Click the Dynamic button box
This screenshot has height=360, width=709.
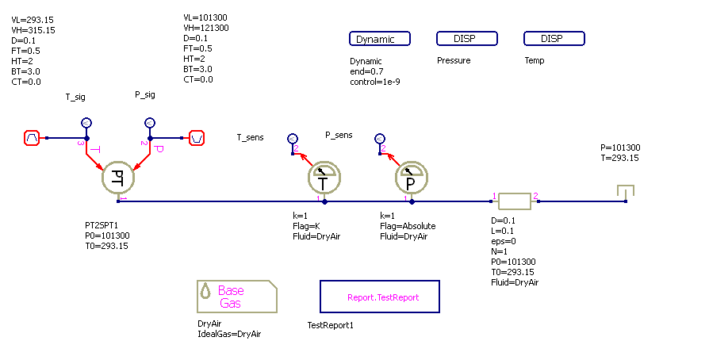pyautogui.click(x=380, y=39)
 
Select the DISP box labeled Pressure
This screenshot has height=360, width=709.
pyautogui.click(x=467, y=39)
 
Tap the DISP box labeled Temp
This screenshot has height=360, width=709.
pyautogui.click(x=554, y=39)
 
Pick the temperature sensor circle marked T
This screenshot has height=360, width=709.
pyautogui.click(x=324, y=182)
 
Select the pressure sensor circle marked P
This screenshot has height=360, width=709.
pyautogui.click(x=411, y=182)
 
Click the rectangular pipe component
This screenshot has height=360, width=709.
pyautogui.click(x=514, y=201)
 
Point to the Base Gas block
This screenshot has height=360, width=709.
pyautogui.click(x=237, y=297)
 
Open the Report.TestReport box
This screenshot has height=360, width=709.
pyautogui.click(x=379, y=297)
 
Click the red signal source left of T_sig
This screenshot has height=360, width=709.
pyautogui.click(x=32, y=138)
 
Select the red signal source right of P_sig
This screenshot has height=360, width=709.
pyautogui.click(x=196, y=138)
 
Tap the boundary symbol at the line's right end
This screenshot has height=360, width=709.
pyautogui.click(x=626, y=192)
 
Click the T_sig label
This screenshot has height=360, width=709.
pyautogui.click(x=76, y=98)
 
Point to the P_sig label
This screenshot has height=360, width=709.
pyautogui.click(x=146, y=95)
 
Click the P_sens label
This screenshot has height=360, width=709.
pyautogui.click(x=339, y=135)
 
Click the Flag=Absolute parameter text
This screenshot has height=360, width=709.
pyautogui.click(x=408, y=226)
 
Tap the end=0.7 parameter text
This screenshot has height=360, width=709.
pyautogui.click(x=366, y=71)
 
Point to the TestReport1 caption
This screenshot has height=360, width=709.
pyautogui.click(x=330, y=325)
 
